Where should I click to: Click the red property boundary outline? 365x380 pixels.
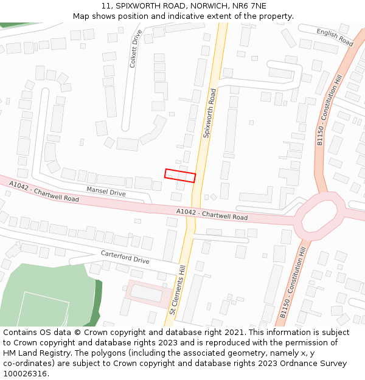pos(180,176)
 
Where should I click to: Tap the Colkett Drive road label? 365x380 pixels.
pos(136,48)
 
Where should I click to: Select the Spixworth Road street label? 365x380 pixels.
pos(209,114)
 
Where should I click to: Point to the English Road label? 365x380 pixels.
pos(335,37)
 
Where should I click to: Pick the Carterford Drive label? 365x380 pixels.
pos(125,257)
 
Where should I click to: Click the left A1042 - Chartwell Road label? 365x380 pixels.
pos(44,191)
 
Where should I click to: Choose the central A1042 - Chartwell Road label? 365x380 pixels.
pos(212,214)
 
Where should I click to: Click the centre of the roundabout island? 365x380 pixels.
pos(319,216)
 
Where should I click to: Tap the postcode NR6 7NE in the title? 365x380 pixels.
pos(249,6)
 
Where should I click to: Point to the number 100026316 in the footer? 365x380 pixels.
pos(24,373)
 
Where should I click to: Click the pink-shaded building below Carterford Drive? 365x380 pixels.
pos(148,293)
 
